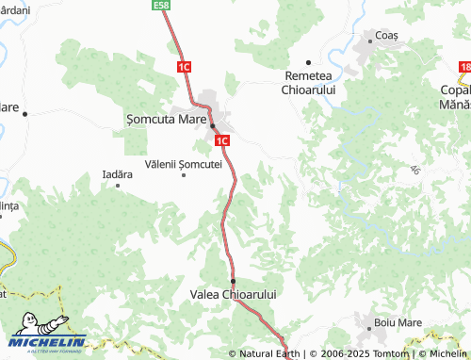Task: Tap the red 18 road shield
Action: pos(464,67)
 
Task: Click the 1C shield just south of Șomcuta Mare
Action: pos(222,141)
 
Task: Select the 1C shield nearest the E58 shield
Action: pos(184,67)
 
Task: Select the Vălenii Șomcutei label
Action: pos(184,163)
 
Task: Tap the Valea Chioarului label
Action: pos(234,295)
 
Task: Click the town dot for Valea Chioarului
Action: pos(233,281)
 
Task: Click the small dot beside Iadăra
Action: pos(118,185)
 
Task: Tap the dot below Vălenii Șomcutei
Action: pos(184,174)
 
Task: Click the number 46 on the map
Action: pos(414,170)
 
